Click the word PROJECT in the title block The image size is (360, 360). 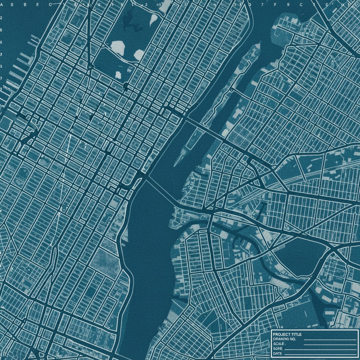pyautogui.click(x=282, y=334)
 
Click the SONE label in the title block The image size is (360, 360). pyautogui.click(x=277, y=348)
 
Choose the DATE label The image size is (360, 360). pyautogui.click(x=277, y=353)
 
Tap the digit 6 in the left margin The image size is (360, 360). pyautogui.click(x=1, y=30)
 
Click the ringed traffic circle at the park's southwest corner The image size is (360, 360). pyautogui.click(x=91, y=66)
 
